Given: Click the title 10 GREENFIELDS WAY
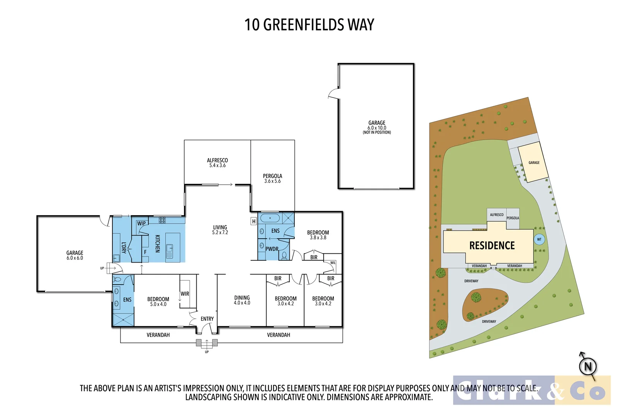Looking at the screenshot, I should click(x=309, y=25).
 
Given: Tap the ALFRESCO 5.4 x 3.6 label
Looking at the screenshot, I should click(x=217, y=163).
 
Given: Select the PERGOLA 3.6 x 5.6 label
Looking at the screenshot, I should click(x=272, y=178).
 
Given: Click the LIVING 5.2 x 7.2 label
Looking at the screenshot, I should click(x=220, y=230).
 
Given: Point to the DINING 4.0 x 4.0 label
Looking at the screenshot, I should click(x=242, y=300).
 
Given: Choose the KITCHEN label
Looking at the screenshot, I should click(x=158, y=244).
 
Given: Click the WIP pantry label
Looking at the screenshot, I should click(x=141, y=223).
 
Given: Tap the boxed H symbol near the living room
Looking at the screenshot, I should click(x=254, y=221).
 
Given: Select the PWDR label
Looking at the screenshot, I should click(x=272, y=249).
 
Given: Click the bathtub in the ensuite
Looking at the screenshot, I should click(x=270, y=218).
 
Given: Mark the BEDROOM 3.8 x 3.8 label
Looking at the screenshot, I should click(x=318, y=235).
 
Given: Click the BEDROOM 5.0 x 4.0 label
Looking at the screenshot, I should click(x=158, y=302).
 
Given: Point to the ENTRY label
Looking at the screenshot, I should click(x=207, y=319).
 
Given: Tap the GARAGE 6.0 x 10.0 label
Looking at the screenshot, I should click(x=377, y=127).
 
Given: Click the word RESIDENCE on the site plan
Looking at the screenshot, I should click(x=492, y=246).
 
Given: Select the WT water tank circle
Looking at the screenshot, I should click(x=539, y=239).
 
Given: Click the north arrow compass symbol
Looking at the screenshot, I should click(x=587, y=366).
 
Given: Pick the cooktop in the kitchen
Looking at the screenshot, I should click(x=162, y=220).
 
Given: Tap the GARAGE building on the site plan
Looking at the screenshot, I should click(x=533, y=163).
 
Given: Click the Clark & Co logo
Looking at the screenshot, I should click(x=531, y=390).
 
